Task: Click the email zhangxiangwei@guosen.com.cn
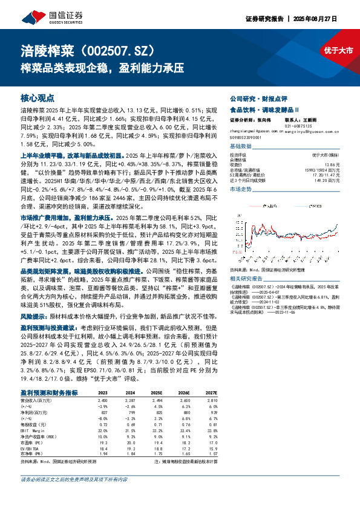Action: coord(254,130)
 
